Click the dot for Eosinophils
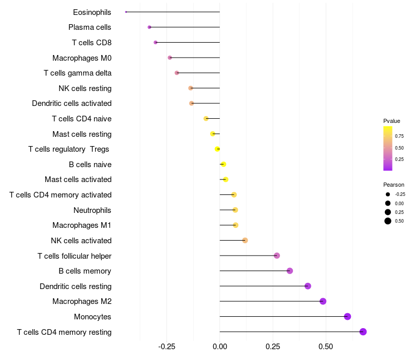(x=126, y=12)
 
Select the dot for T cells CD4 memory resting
(x=363, y=332)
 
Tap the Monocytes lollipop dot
(x=348, y=316)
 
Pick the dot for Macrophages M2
(x=323, y=301)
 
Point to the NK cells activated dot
(x=245, y=240)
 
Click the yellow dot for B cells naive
(x=223, y=164)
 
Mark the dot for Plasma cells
(x=150, y=27)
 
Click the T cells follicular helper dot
(x=277, y=256)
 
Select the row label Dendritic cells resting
(x=76, y=286)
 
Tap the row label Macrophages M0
(x=82, y=58)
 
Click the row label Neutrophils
(x=92, y=210)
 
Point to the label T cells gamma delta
(x=78, y=73)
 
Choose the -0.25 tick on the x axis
(x=166, y=347)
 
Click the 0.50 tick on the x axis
(x=326, y=347)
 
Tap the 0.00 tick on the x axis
(x=220, y=347)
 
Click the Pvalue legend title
(x=391, y=121)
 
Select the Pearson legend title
(x=394, y=185)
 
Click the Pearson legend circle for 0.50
(x=388, y=221)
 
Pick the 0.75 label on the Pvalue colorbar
(x=399, y=136)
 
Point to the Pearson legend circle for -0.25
(x=388, y=194)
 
